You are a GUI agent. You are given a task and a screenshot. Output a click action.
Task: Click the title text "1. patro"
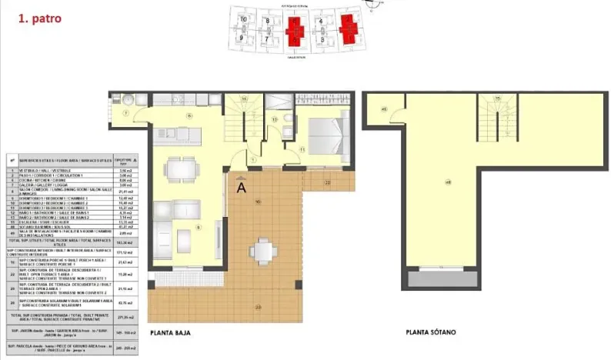coord(39,16)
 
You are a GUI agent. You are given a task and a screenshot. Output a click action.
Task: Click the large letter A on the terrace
coord(242,185)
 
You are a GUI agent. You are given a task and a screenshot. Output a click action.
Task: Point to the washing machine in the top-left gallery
coord(126,100)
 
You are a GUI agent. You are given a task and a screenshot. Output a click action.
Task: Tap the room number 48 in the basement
coord(448,182)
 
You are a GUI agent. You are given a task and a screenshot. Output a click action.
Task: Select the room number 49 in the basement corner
coord(382,108)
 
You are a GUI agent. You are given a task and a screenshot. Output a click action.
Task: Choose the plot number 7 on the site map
coord(266,36)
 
